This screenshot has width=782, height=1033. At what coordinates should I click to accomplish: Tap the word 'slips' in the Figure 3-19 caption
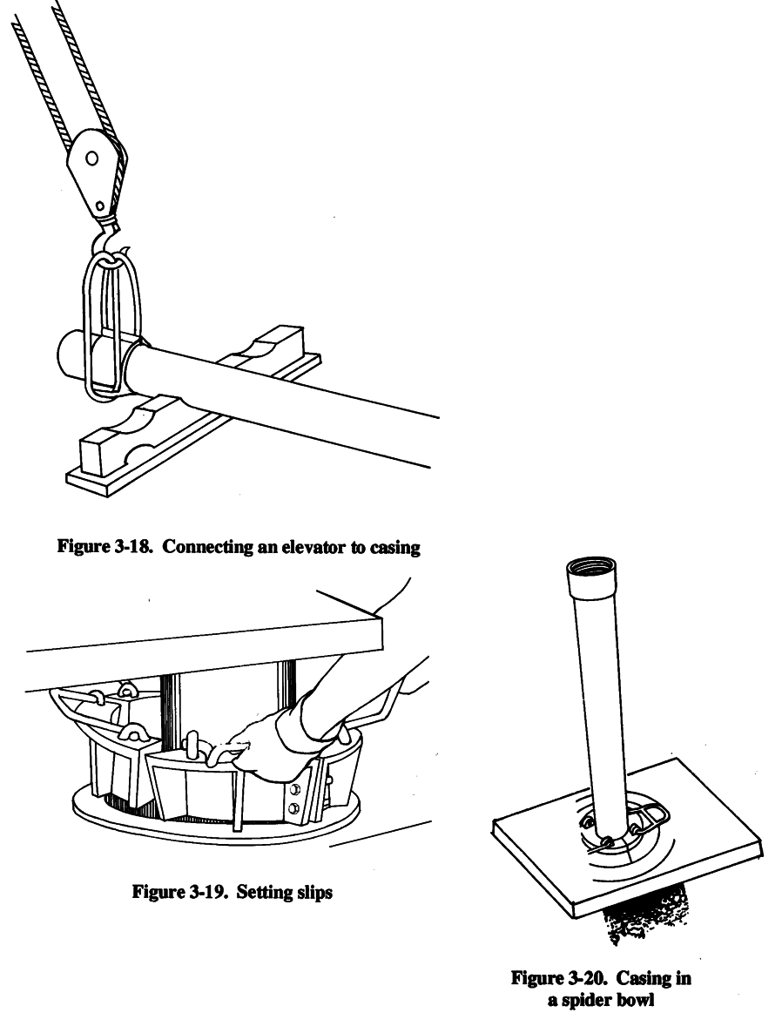point(313,893)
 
